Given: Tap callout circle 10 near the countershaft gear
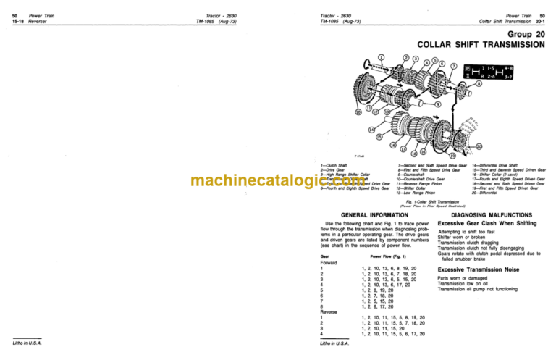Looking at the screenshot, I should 358,112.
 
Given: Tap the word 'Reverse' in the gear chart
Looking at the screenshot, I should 329,311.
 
